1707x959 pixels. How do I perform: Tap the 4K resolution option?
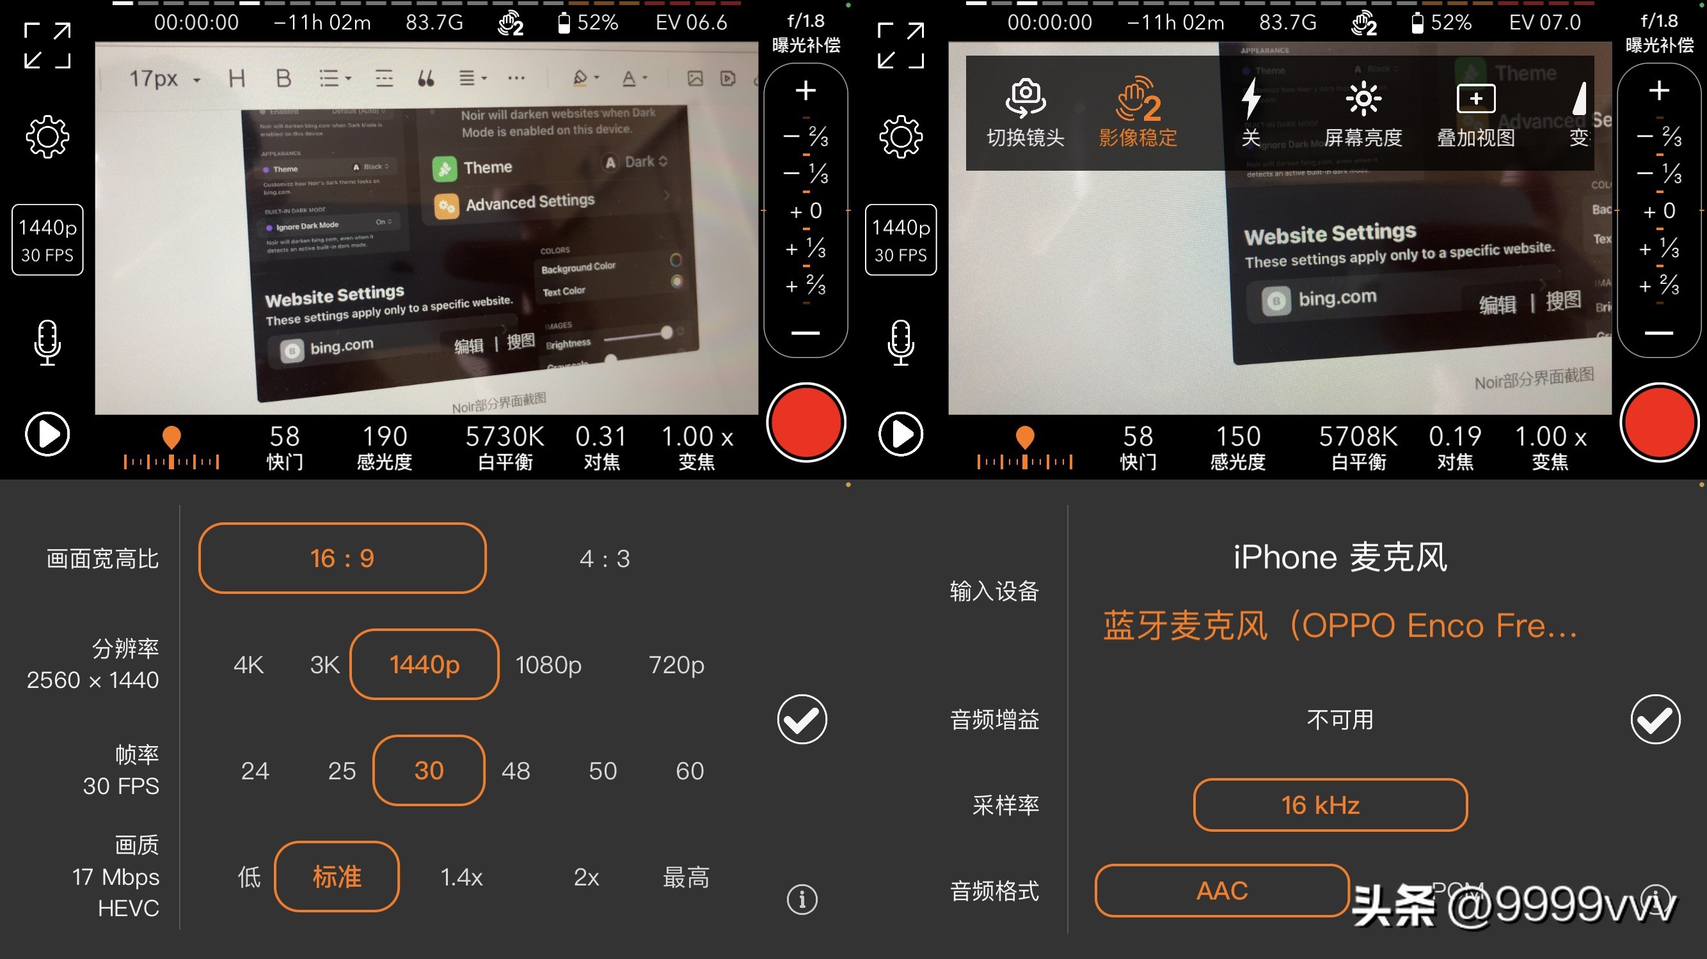coord(248,664)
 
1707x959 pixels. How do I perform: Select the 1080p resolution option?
coord(549,664)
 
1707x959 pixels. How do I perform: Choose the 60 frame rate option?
coord(689,770)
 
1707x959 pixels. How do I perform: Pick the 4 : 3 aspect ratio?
coord(605,558)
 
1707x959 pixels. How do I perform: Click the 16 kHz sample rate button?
coord(1330,805)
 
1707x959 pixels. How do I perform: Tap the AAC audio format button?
coord(1222,890)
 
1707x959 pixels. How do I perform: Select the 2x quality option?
coord(587,877)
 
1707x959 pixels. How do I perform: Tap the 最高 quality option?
coord(686,877)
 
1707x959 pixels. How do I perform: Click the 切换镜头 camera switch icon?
coord(1026,99)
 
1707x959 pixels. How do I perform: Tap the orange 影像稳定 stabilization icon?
coord(1138,99)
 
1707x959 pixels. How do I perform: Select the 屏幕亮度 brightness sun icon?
coord(1363,99)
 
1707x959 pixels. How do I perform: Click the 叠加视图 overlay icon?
coord(1476,99)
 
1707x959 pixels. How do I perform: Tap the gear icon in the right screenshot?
coord(901,137)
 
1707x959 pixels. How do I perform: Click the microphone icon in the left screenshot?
coord(47,343)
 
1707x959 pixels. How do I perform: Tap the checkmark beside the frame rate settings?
coord(802,719)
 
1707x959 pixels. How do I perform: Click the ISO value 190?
coord(385,437)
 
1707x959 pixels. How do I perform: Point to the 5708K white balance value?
coord(1358,437)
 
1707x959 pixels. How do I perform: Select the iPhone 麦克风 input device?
coord(1340,557)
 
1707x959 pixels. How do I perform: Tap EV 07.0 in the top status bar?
coord(1544,22)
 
